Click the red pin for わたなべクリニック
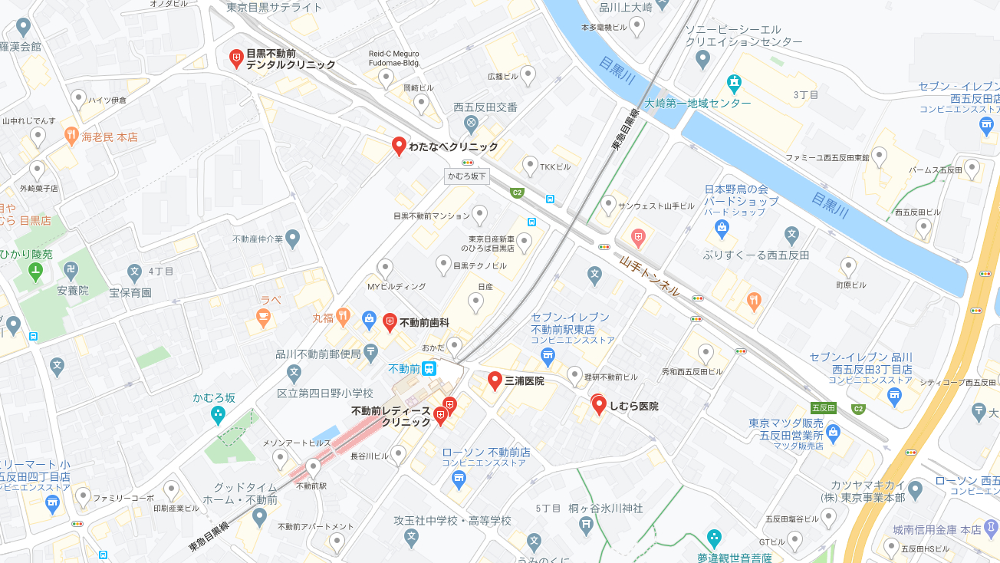pyautogui.click(x=399, y=145)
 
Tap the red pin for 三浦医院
pyautogui.click(x=495, y=380)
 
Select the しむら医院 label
pyautogui.click(x=633, y=406)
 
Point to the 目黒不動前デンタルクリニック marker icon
pyautogui.click(x=237, y=58)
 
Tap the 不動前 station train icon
pyautogui.click(x=429, y=368)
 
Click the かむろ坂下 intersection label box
pyautogui.click(x=466, y=176)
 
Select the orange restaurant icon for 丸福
pyautogui.click(x=343, y=317)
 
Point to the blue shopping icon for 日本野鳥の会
pyautogui.click(x=722, y=227)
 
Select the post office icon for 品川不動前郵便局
pyautogui.click(x=371, y=354)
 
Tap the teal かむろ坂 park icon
pyautogui.click(x=218, y=415)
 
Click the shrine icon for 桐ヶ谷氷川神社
pyautogui.click(x=587, y=525)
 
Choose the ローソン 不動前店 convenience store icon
pyautogui.click(x=459, y=480)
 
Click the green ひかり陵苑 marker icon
pyautogui.click(x=35, y=271)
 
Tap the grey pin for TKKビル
pyautogui.click(x=530, y=165)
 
